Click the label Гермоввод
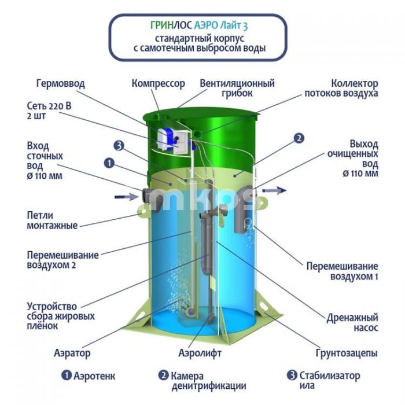(x=60, y=84)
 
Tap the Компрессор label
(x=159, y=84)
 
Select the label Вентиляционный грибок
(x=237, y=89)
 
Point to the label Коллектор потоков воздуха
(x=341, y=89)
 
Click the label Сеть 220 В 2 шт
(x=49, y=111)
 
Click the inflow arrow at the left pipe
(x=127, y=197)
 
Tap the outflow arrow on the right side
(x=274, y=190)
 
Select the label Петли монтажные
(x=52, y=220)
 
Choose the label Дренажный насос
(x=352, y=322)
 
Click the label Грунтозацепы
(x=347, y=353)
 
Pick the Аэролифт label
(x=200, y=353)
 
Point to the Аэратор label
(x=72, y=353)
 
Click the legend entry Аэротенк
(x=89, y=376)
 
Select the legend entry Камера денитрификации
(x=202, y=381)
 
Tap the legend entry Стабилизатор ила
(x=323, y=380)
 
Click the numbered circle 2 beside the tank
(x=299, y=138)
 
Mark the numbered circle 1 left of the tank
(x=109, y=163)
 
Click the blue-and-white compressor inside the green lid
(x=167, y=139)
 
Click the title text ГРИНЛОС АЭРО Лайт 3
(x=199, y=25)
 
